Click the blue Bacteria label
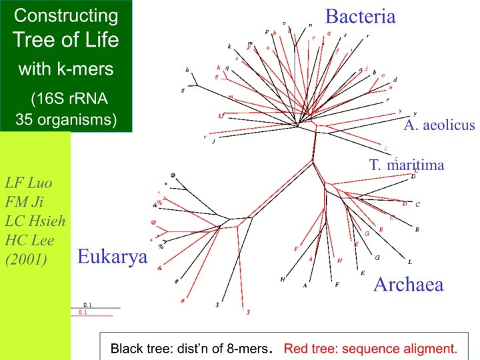(x=360, y=17)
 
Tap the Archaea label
(x=408, y=285)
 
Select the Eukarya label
(x=112, y=257)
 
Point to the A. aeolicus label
(x=439, y=125)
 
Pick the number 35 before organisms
(x=25, y=120)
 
